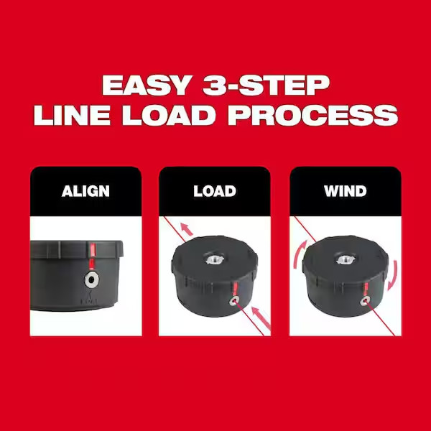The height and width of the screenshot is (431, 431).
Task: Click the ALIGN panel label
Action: pos(85,191)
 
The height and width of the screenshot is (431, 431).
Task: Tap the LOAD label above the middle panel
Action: pos(215,191)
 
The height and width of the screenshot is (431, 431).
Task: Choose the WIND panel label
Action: pos(345,191)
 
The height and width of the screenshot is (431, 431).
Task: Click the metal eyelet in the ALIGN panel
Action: pos(91,279)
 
